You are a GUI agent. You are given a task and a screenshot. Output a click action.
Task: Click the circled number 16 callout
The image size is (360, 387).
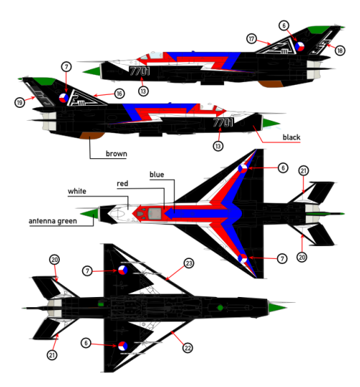pyautogui.click(x=120, y=94)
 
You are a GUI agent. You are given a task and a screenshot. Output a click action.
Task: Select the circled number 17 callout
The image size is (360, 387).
pyautogui.click(x=251, y=39)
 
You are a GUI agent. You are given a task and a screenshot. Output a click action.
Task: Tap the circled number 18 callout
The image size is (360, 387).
pyautogui.click(x=340, y=50)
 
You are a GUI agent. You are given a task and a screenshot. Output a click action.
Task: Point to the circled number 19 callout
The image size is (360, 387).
pyautogui.click(x=19, y=102)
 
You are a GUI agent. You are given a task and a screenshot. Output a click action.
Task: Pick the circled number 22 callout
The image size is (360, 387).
pyautogui.click(x=187, y=348)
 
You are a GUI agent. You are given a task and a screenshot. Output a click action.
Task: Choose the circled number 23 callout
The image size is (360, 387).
pyautogui.click(x=189, y=263)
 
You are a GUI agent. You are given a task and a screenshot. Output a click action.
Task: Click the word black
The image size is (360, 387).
pyautogui.click(x=292, y=137)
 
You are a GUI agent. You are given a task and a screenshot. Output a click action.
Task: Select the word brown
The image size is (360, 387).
pyautogui.click(x=117, y=154)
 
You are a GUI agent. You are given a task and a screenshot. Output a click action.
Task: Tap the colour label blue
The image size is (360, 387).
pyautogui.click(x=157, y=175)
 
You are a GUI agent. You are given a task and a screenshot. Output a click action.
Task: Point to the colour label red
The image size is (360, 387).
pyautogui.click(x=122, y=183)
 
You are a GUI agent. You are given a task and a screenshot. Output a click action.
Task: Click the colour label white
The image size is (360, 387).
pyautogui.click(x=77, y=191)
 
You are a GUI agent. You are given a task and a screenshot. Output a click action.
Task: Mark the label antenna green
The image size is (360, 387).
pyautogui.click(x=53, y=221)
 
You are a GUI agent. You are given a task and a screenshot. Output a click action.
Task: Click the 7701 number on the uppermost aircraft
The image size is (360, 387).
pyautogui.click(x=140, y=71)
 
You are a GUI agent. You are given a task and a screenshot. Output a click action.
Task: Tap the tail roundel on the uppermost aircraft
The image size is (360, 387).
pyautogui.click(x=300, y=47)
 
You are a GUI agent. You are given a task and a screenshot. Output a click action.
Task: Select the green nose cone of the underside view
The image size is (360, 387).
pyautogui.click(x=277, y=308)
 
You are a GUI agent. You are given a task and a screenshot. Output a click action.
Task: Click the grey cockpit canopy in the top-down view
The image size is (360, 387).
pyautogui.click(x=155, y=214)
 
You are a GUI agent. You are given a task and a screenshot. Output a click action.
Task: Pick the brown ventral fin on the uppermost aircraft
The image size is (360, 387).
pyautogui.click(x=271, y=83)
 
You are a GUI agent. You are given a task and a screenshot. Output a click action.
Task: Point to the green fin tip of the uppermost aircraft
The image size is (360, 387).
pyautogui.click(x=319, y=29)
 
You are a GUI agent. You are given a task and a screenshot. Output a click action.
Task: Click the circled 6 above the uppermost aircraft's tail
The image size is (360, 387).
pyautogui.click(x=284, y=26)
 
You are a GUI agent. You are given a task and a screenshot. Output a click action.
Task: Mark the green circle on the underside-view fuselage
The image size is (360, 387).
pyautogui.click(x=220, y=308)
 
